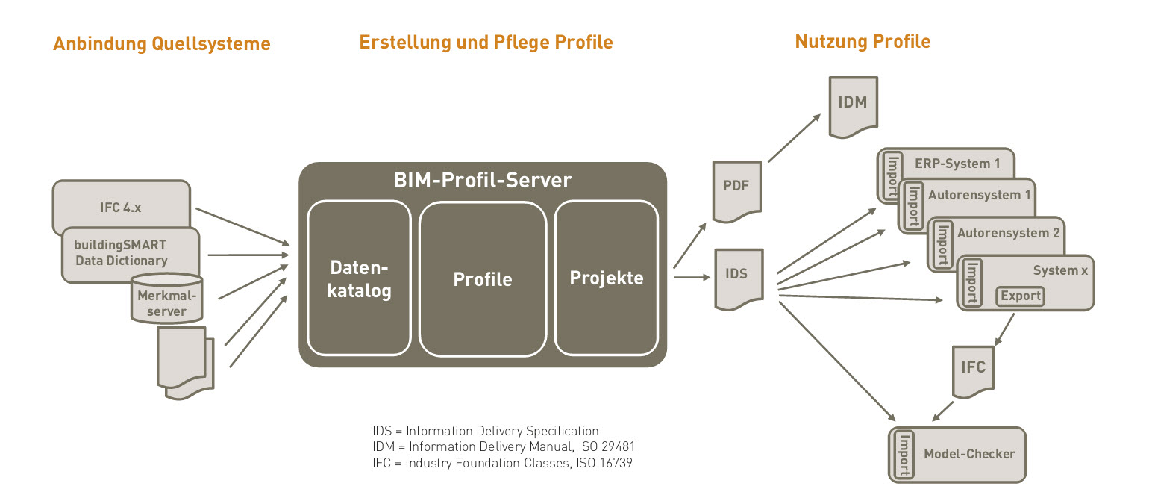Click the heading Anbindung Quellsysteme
[x=161, y=44]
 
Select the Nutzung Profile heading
[x=863, y=41]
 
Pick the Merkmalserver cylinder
[x=166, y=299]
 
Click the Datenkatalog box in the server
[x=359, y=278]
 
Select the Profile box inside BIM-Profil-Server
[x=483, y=278]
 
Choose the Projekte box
[x=607, y=278]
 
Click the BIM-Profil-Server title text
[x=483, y=180]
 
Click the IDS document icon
[x=739, y=279]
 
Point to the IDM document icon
[x=854, y=107]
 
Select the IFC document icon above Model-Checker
[x=973, y=372]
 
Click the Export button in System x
[x=1021, y=296]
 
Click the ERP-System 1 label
[x=957, y=164]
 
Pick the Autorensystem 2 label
[x=1008, y=233]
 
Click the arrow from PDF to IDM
[x=794, y=138]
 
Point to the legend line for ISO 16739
[x=502, y=463]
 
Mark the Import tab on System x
[x=971, y=283]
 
